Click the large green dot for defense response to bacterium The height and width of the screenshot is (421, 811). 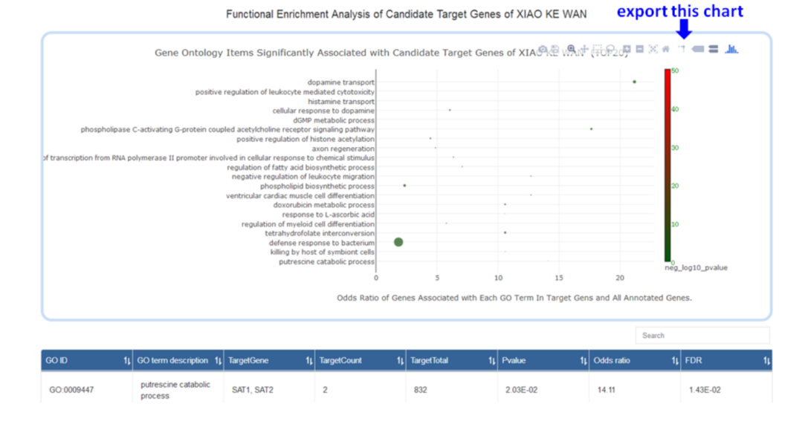click(x=398, y=242)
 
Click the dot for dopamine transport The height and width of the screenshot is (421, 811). click(x=634, y=82)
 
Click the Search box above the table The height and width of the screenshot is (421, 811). click(x=702, y=336)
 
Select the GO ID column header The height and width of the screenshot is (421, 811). click(x=87, y=360)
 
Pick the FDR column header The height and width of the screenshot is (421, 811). click(x=726, y=360)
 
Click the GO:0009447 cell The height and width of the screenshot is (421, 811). click(x=71, y=390)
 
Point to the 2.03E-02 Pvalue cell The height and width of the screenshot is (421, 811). click(x=519, y=390)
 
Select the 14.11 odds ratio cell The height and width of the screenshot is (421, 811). click(x=607, y=390)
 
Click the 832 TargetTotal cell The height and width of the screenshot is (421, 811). click(x=421, y=390)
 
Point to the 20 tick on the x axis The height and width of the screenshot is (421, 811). click(x=620, y=278)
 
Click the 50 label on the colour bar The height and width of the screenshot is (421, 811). click(x=674, y=71)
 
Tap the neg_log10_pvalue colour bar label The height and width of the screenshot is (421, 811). click(x=696, y=267)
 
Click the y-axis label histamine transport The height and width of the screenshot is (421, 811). click(x=341, y=101)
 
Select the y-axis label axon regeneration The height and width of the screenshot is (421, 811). click(x=343, y=149)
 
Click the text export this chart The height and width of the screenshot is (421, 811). click(x=679, y=11)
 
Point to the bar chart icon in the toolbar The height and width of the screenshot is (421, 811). click(x=732, y=49)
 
